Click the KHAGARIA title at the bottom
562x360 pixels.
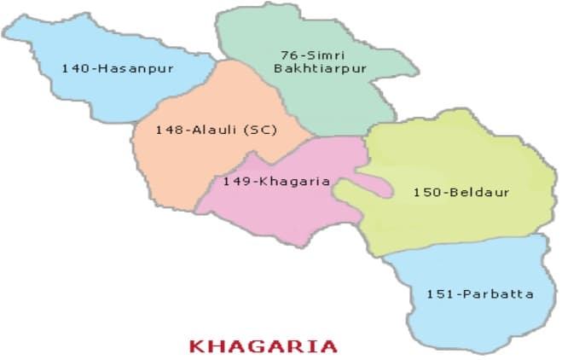[x=263, y=345]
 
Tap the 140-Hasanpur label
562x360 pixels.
[x=117, y=67]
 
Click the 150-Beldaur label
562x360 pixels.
[x=461, y=192]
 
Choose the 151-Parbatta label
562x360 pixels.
[x=480, y=294]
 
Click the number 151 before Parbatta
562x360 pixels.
[x=437, y=294]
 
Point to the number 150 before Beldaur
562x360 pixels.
[x=425, y=192]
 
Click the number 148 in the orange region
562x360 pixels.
[x=166, y=130]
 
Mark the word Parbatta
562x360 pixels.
[x=497, y=294]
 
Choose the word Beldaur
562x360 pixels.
[x=478, y=192]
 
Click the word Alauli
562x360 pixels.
[x=211, y=130]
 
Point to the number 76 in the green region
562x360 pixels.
[x=287, y=55]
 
